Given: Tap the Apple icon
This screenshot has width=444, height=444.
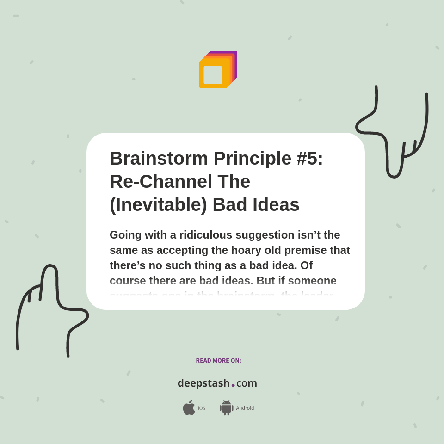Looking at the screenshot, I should point(189,408).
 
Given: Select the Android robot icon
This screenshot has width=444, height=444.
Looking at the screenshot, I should point(226,408).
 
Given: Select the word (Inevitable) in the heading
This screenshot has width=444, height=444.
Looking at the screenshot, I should point(158,204).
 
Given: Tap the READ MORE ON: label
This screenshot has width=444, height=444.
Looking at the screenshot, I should point(218,361).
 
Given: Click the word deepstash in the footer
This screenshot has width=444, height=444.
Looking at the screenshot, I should point(203,383).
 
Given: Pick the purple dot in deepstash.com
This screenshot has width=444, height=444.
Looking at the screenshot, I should point(233,385).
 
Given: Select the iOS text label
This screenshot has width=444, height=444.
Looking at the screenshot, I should point(202,408).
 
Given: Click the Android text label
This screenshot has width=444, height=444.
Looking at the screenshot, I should point(245,408).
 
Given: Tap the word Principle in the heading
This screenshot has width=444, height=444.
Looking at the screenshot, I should point(252,159).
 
